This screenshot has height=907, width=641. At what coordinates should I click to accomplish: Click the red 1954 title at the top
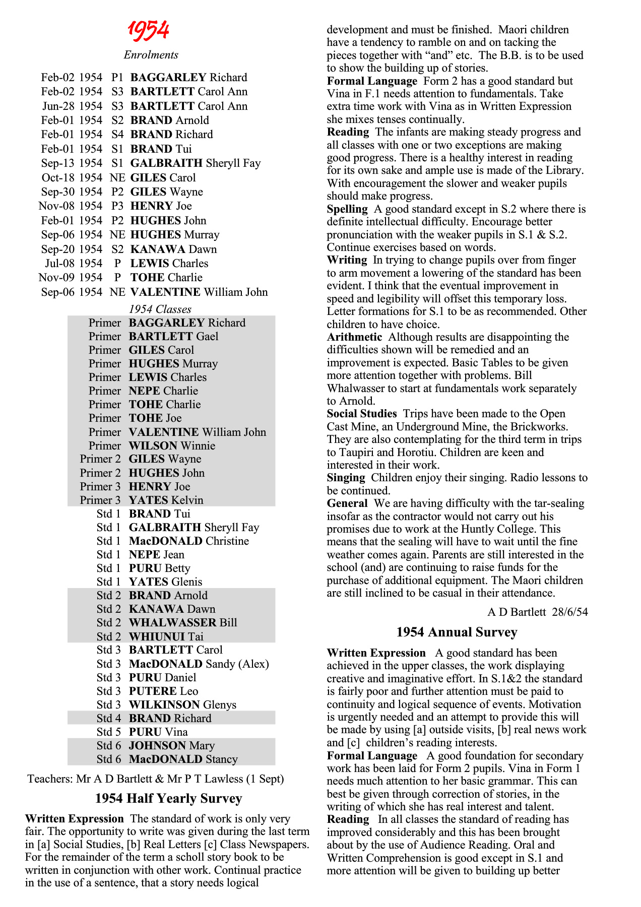click(x=148, y=31)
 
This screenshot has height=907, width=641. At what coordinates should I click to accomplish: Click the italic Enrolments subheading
click(x=151, y=55)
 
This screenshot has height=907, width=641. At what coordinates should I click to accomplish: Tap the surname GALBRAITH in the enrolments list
click(x=166, y=163)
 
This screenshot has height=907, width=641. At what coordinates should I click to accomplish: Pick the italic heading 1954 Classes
click(x=160, y=309)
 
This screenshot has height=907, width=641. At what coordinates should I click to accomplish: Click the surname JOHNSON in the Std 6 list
click(x=158, y=746)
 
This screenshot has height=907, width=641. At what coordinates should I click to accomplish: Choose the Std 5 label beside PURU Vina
click(x=108, y=732)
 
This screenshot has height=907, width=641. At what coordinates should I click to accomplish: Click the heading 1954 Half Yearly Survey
click(x=168, y=799)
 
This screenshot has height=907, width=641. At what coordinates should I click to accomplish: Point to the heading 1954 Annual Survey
click(x=457, y=632)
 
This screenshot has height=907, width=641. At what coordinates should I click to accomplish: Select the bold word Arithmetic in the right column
click(x=354, y=337)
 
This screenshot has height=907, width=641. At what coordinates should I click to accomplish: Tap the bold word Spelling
click(x=347, y=209)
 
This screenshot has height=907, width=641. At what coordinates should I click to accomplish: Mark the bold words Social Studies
click(x=362, y=414)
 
